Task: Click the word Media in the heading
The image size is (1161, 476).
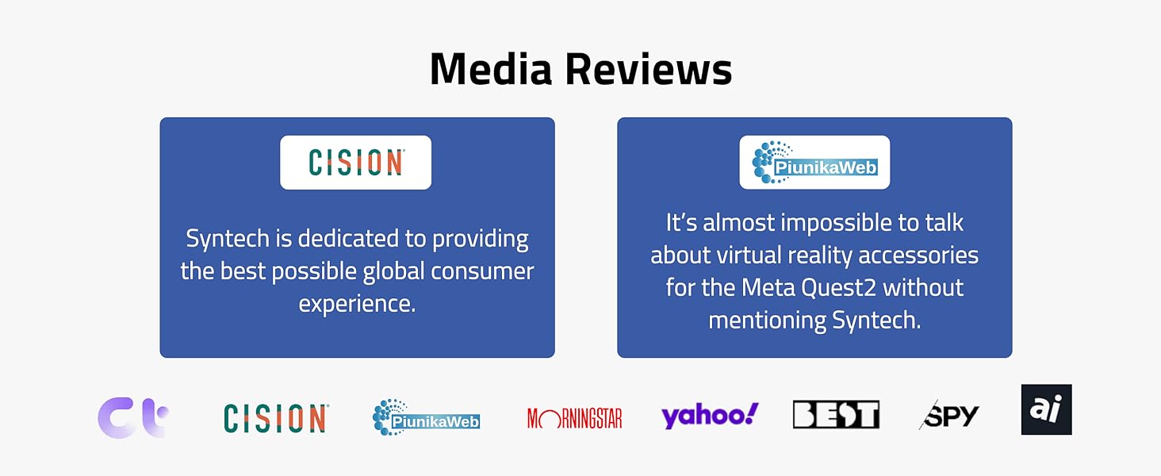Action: [492, 68]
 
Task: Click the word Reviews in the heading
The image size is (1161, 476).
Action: [649, 68]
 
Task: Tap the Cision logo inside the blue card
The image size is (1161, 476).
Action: [356, 163]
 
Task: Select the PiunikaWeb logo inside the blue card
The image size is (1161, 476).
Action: [814, 163]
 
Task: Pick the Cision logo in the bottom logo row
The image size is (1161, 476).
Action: [276, 418]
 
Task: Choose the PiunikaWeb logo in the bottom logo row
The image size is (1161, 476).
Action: [426, 417]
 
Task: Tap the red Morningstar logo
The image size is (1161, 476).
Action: [574, 418]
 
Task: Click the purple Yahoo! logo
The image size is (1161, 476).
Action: [710, 416]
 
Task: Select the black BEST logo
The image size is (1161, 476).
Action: [836, 414]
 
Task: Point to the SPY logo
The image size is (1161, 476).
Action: [948, 416]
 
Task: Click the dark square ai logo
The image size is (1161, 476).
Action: [1047, 409]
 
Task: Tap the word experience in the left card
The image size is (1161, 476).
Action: [357, 304]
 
